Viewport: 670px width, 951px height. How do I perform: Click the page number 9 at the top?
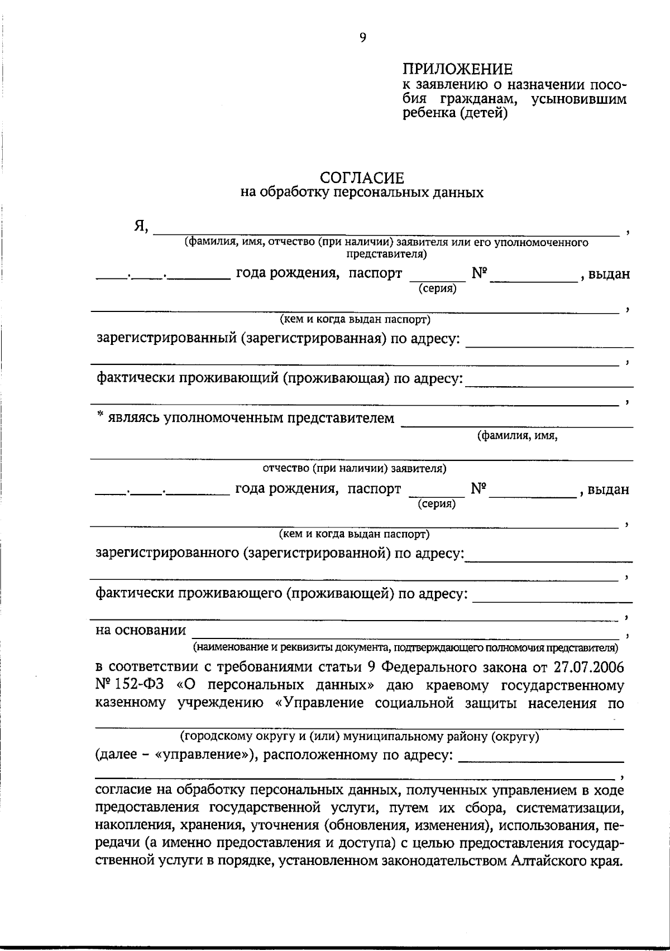click(362, 38)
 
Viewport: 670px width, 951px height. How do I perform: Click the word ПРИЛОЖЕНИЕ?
click(457, 70)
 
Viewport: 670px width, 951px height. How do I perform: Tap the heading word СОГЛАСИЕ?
click(362, 178)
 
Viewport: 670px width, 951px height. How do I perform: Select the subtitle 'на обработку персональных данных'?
click(362, 193)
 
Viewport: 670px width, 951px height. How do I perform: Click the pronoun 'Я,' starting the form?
click(140, 226)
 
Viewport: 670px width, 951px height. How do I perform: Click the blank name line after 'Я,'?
click(385, 232)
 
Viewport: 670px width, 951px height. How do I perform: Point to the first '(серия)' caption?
click(437, 289)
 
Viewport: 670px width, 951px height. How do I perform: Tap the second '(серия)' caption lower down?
click(436, 504)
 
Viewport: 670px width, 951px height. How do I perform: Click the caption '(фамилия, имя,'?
click(517, 436)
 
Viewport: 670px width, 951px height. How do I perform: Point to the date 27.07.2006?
click(590, 667)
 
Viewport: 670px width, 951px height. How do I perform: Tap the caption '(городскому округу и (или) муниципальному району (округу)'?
click(359, 736)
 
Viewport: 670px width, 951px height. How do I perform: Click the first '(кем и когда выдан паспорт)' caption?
click(355, 320)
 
